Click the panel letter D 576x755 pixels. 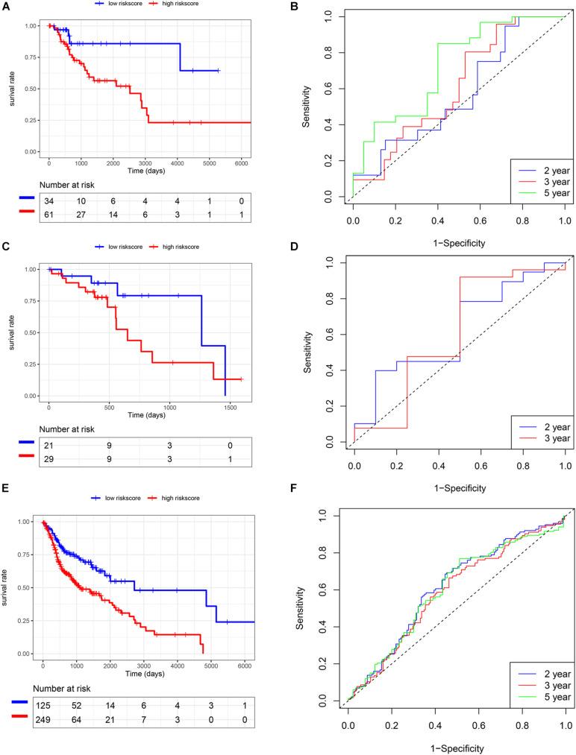(307, 258)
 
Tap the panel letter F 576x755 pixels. (307, 508)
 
